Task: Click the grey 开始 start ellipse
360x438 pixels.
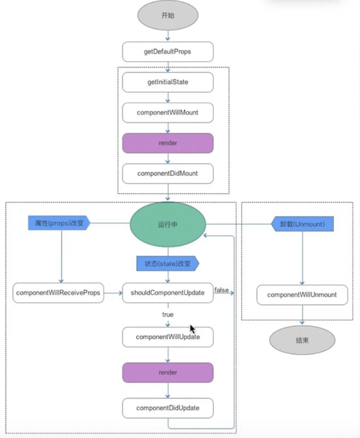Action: click(168, 15)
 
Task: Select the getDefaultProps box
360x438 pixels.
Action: click(168, 51)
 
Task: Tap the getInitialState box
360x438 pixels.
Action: click(168, 82)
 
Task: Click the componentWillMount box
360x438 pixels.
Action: click(168, 113)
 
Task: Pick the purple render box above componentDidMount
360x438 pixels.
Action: click(168, 143)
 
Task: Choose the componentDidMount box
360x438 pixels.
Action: click(168, 174)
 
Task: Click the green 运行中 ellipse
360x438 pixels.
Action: click(168, 224)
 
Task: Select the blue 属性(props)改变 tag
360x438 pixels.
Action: click(59, 223)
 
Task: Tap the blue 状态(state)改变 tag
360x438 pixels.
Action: click(168, 263)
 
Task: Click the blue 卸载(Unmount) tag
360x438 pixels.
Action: click(303, 224)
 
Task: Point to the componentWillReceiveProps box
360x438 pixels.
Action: click(58, 293)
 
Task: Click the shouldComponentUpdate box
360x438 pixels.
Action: click(168, 293)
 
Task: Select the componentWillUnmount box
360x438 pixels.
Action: click(302, 295)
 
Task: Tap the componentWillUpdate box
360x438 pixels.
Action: click(168, 337)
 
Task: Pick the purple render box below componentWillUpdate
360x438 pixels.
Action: click(168, 372)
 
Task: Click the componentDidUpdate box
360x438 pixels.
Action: click(168, 408)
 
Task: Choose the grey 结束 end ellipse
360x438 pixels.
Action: click(302, 340)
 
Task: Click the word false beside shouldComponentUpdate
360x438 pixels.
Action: click(222, 290)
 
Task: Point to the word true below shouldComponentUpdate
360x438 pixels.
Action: click(168, 314)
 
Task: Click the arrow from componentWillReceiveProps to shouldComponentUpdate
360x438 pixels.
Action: click(113, 293)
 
